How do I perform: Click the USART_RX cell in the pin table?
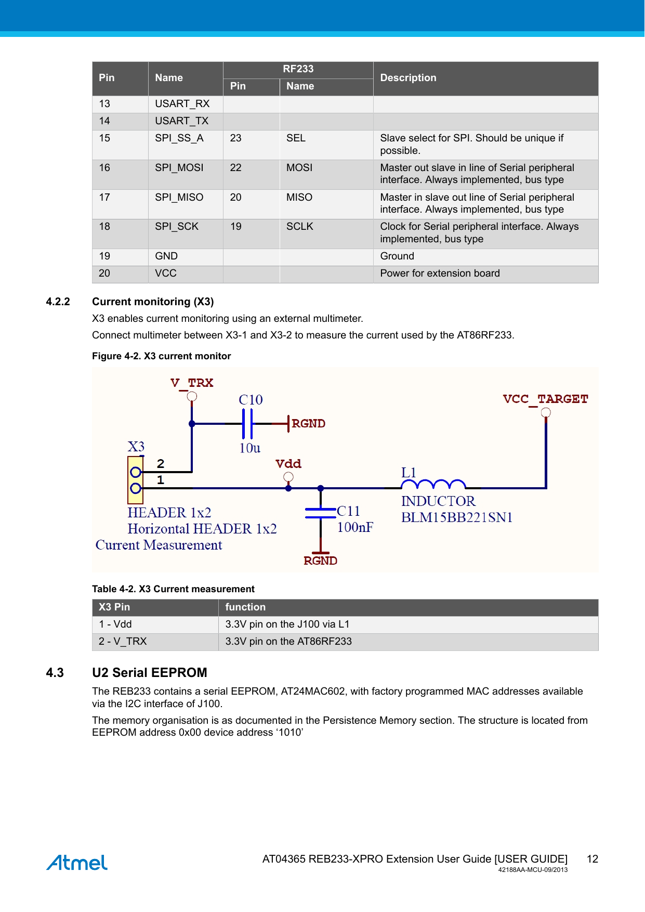tap(182, 104)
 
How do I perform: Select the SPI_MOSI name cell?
tap(179, 168)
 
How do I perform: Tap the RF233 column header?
tap(298, 69)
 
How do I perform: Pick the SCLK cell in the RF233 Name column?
tap(300, 227)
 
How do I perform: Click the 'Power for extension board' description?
tap(440, 273)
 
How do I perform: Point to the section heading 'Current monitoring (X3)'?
tap(153, 302)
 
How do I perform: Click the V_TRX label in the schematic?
tap(192, 383)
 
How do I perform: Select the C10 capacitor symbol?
tap(247, 424)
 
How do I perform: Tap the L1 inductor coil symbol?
tap(433, 485)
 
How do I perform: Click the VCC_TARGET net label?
tap(545, 399)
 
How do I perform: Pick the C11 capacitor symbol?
tap(321, 513)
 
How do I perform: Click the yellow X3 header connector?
tap(136, 480)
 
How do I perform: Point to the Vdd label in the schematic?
tap(288, 464)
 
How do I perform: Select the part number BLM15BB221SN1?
tap(457, 518)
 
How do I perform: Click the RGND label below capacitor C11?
tap(321, 561)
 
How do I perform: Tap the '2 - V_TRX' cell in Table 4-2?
tap(123, 642)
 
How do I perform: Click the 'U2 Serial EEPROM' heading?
tap(150, 673)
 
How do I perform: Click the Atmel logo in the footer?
tap(77, 863)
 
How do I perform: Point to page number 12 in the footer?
tap(593, 859)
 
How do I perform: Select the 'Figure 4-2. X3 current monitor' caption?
tap(161, 356)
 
